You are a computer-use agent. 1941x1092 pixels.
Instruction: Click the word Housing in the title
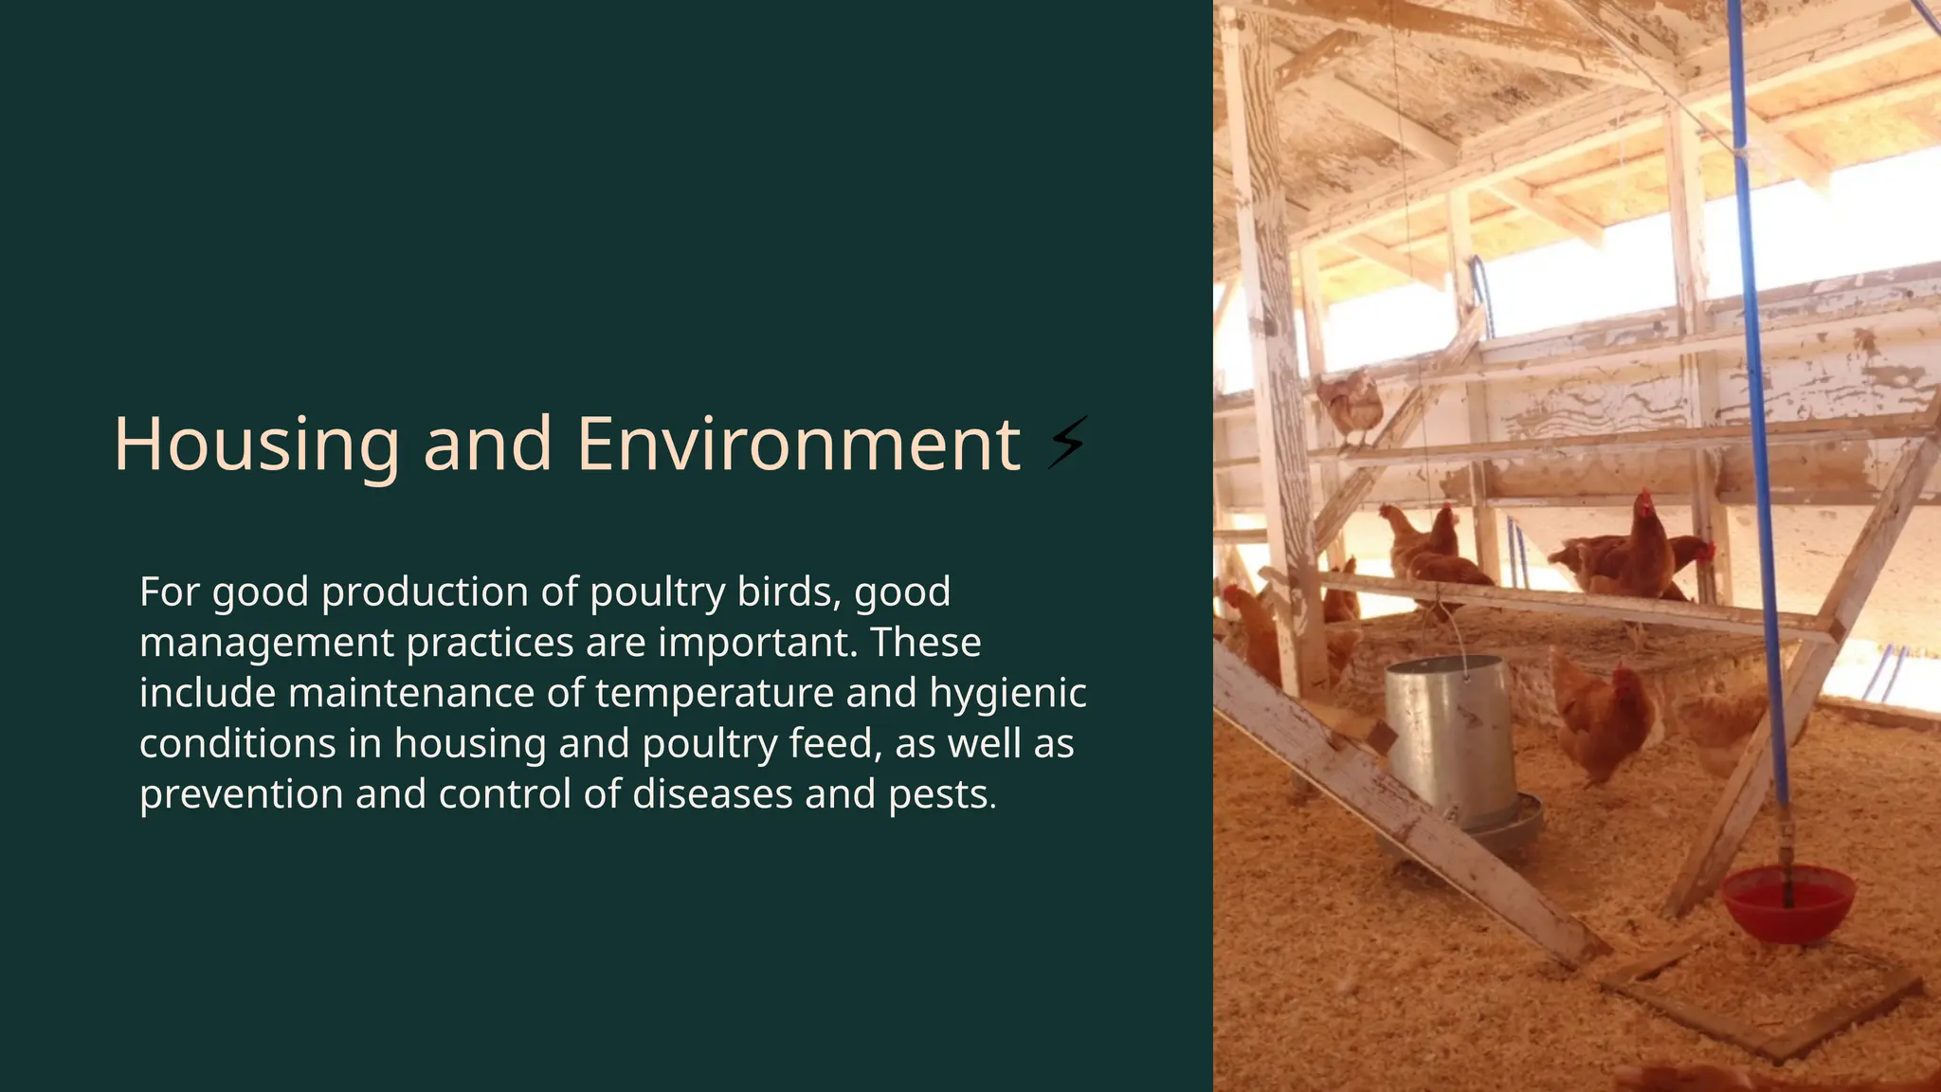click(256, 445)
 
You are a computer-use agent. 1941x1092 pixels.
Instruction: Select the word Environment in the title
click(798, 445)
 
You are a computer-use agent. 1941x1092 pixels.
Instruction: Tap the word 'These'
click(926, 644)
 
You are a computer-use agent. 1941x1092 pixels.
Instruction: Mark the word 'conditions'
click(237, 744)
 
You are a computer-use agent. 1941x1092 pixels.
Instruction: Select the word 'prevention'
click(241, 795)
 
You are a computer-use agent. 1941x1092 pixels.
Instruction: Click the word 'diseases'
click(712, 795)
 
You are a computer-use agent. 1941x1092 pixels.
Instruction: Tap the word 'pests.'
click(942, 795)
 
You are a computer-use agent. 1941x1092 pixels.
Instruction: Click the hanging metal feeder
click(1451, 739)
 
